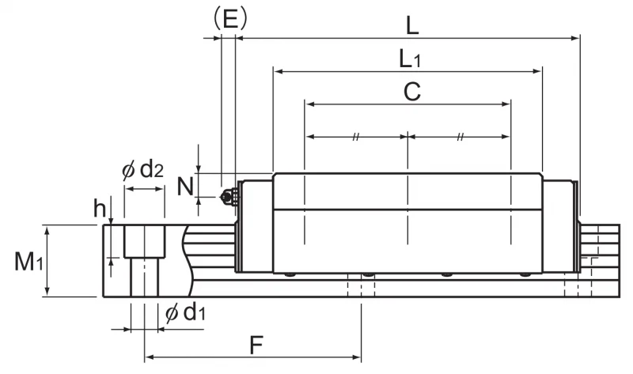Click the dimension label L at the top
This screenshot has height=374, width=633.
411,27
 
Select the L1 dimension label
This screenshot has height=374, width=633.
410,59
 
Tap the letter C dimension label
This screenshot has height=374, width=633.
411,92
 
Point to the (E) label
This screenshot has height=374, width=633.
229,19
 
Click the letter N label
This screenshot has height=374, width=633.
185,187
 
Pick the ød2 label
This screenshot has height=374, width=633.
143,170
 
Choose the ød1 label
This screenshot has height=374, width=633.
186,312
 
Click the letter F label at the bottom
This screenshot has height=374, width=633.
256,345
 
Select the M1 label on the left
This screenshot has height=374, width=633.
28,261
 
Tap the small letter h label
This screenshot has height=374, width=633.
100,208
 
